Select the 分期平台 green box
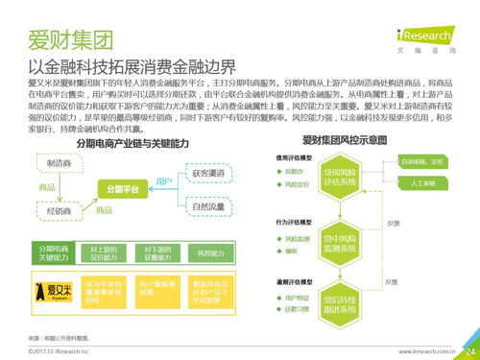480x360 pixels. coord(123,191)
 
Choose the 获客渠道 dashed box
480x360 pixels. coord(208,173)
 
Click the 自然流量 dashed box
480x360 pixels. coord(208,205)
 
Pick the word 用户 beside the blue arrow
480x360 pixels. coord(163,180)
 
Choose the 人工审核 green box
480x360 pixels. coord(421,182)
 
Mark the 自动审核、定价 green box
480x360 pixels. coord(421,162)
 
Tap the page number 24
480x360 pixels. coord(468,350)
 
